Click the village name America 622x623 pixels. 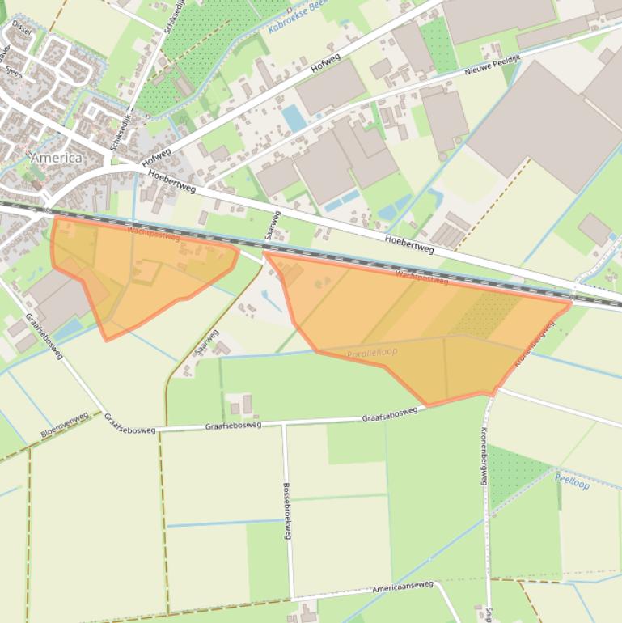(x=56, y=158)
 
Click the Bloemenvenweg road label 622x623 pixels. (x=64, y=425)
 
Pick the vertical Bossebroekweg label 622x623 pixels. (x=286, y=511)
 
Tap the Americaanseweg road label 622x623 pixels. (x=402, y=587)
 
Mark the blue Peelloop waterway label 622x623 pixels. (x=573, y=482)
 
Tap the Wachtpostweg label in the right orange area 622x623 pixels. (x=421, y=278)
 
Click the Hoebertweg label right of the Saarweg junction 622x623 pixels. (x=409, y=244)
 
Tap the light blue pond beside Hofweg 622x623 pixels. (x=294, y=119)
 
